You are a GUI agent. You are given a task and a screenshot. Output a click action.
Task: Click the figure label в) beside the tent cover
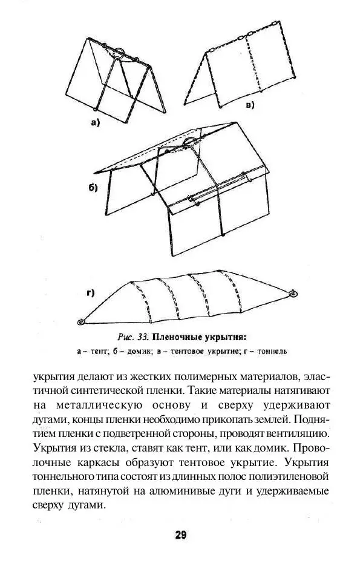tap(249, 105)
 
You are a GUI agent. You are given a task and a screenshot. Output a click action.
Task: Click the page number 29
tap(181, 534)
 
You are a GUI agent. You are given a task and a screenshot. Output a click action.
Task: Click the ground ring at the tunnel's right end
tap(293, 294)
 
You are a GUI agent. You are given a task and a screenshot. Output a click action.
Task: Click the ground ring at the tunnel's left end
tap(82, 322)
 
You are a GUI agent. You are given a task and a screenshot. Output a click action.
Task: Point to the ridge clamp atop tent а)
tap(120, 52)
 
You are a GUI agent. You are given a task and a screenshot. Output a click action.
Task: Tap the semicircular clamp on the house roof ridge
tap(190, 143)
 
